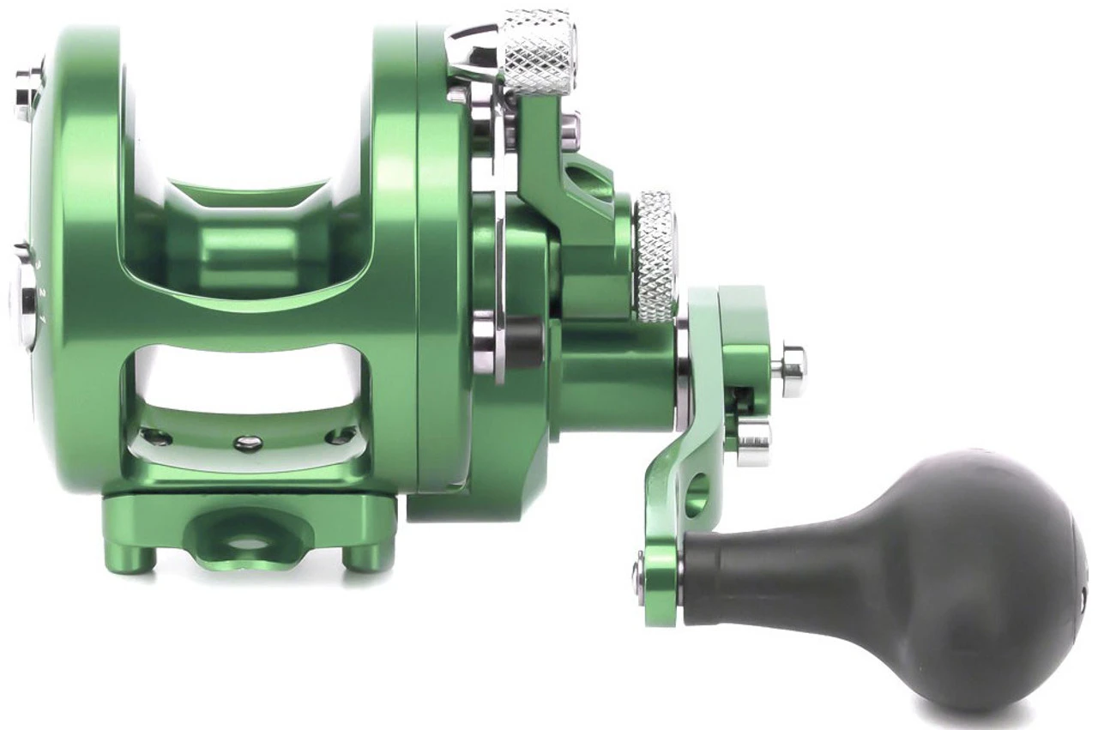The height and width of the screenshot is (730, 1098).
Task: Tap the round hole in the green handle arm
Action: click(697, 494)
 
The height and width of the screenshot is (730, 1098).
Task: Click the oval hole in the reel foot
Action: click(247, 542)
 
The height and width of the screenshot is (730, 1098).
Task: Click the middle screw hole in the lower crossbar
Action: click(248, 443)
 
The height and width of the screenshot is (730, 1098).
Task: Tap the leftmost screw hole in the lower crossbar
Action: click(154, 437)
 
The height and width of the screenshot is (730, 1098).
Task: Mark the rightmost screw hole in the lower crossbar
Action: click(341, 437)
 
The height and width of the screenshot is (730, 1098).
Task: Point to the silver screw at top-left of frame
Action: click(26, 91)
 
